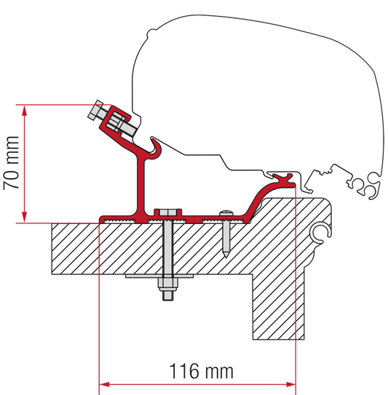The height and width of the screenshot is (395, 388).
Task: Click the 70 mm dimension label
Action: (12, 163)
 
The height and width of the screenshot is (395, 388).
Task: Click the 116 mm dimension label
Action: (201, 371)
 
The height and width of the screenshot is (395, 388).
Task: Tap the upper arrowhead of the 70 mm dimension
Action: (25, 111)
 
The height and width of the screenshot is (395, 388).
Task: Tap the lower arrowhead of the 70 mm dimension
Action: (25, 218)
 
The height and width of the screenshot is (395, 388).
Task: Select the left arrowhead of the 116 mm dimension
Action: (104, 384)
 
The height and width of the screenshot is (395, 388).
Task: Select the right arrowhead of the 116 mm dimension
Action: (290, 384)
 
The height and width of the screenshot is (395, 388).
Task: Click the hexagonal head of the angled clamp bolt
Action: (95, 110)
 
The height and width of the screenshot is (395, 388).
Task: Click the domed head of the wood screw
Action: (226, 212)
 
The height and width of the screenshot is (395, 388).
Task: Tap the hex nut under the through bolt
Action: (167, 284)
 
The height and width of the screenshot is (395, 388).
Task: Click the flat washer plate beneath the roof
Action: (159, 276)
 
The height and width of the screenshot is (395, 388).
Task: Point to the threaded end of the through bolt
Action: (167, 295)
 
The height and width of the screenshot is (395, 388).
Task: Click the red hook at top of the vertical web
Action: (156, 148)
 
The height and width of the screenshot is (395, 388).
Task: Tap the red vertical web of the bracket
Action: (141, 186)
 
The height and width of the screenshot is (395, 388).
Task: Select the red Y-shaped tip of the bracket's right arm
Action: (284, 180)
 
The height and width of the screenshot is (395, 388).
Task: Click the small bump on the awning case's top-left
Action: (151, 33)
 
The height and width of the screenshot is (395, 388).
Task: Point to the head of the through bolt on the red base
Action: (168, 212)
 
